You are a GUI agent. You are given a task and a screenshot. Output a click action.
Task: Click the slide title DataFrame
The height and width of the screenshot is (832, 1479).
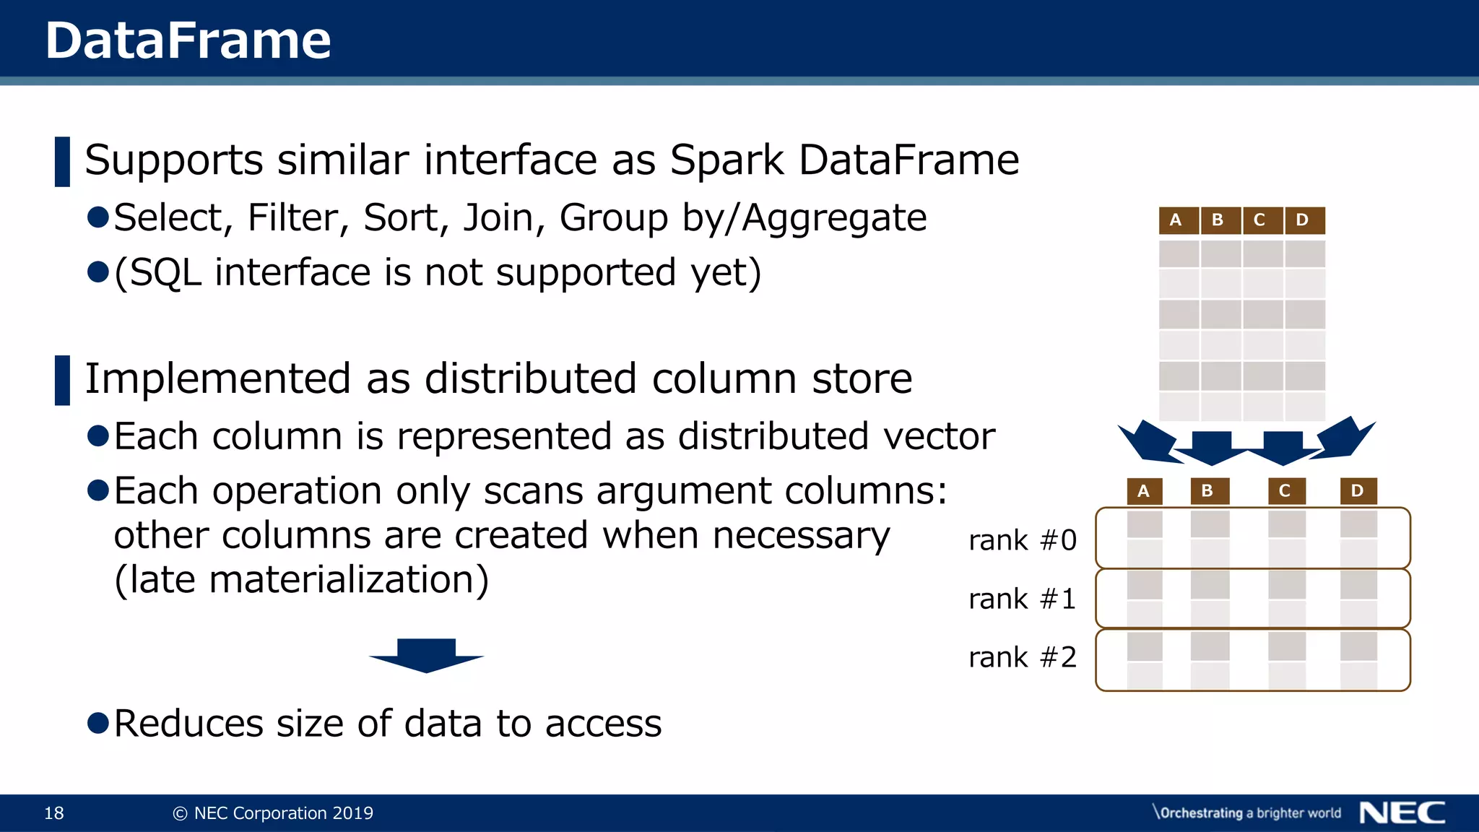point(188,40)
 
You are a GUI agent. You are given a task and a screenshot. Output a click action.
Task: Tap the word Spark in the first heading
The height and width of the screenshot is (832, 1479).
point(726,160)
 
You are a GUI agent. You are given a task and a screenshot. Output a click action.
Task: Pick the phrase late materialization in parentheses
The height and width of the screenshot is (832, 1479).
point(301,580)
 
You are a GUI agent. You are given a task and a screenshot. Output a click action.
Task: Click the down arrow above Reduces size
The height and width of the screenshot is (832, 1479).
point(426,654)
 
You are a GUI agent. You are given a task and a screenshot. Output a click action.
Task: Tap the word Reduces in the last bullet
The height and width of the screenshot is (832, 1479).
point(188,724)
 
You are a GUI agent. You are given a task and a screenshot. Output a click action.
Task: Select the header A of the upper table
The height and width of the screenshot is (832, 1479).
point(1176,220)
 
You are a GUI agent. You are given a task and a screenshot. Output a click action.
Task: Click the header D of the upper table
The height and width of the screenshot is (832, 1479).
point(1302,220)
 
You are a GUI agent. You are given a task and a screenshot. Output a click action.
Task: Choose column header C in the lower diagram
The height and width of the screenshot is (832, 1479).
point(1285,491)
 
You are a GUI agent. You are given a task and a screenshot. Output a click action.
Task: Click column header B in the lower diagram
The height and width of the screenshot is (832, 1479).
point(1207,491)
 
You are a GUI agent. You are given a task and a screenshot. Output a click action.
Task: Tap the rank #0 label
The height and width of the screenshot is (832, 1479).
point(1022,540)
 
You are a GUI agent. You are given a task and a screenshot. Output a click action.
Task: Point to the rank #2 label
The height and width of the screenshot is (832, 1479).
point(1022,657)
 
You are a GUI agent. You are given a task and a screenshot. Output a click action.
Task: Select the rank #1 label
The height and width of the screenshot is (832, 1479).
point(1022,599)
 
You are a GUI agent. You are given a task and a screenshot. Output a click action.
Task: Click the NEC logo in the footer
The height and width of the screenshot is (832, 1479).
point(1402,813)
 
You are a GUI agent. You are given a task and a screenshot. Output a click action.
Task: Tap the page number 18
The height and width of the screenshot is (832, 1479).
point(54,813)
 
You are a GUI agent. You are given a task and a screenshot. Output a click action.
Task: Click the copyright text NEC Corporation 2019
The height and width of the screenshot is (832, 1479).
point(274,813)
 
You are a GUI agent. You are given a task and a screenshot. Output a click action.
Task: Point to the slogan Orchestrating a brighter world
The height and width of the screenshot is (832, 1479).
point(1247,813)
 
